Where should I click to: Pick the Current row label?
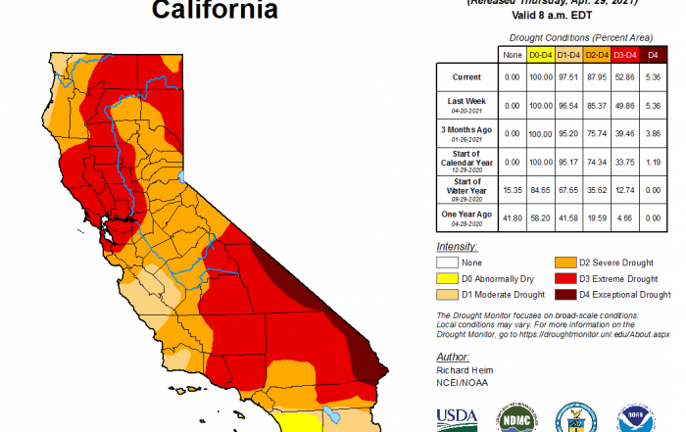coord(465,76)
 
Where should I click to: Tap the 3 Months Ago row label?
coord(465,130)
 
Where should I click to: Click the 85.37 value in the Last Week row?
coord(597,103)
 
